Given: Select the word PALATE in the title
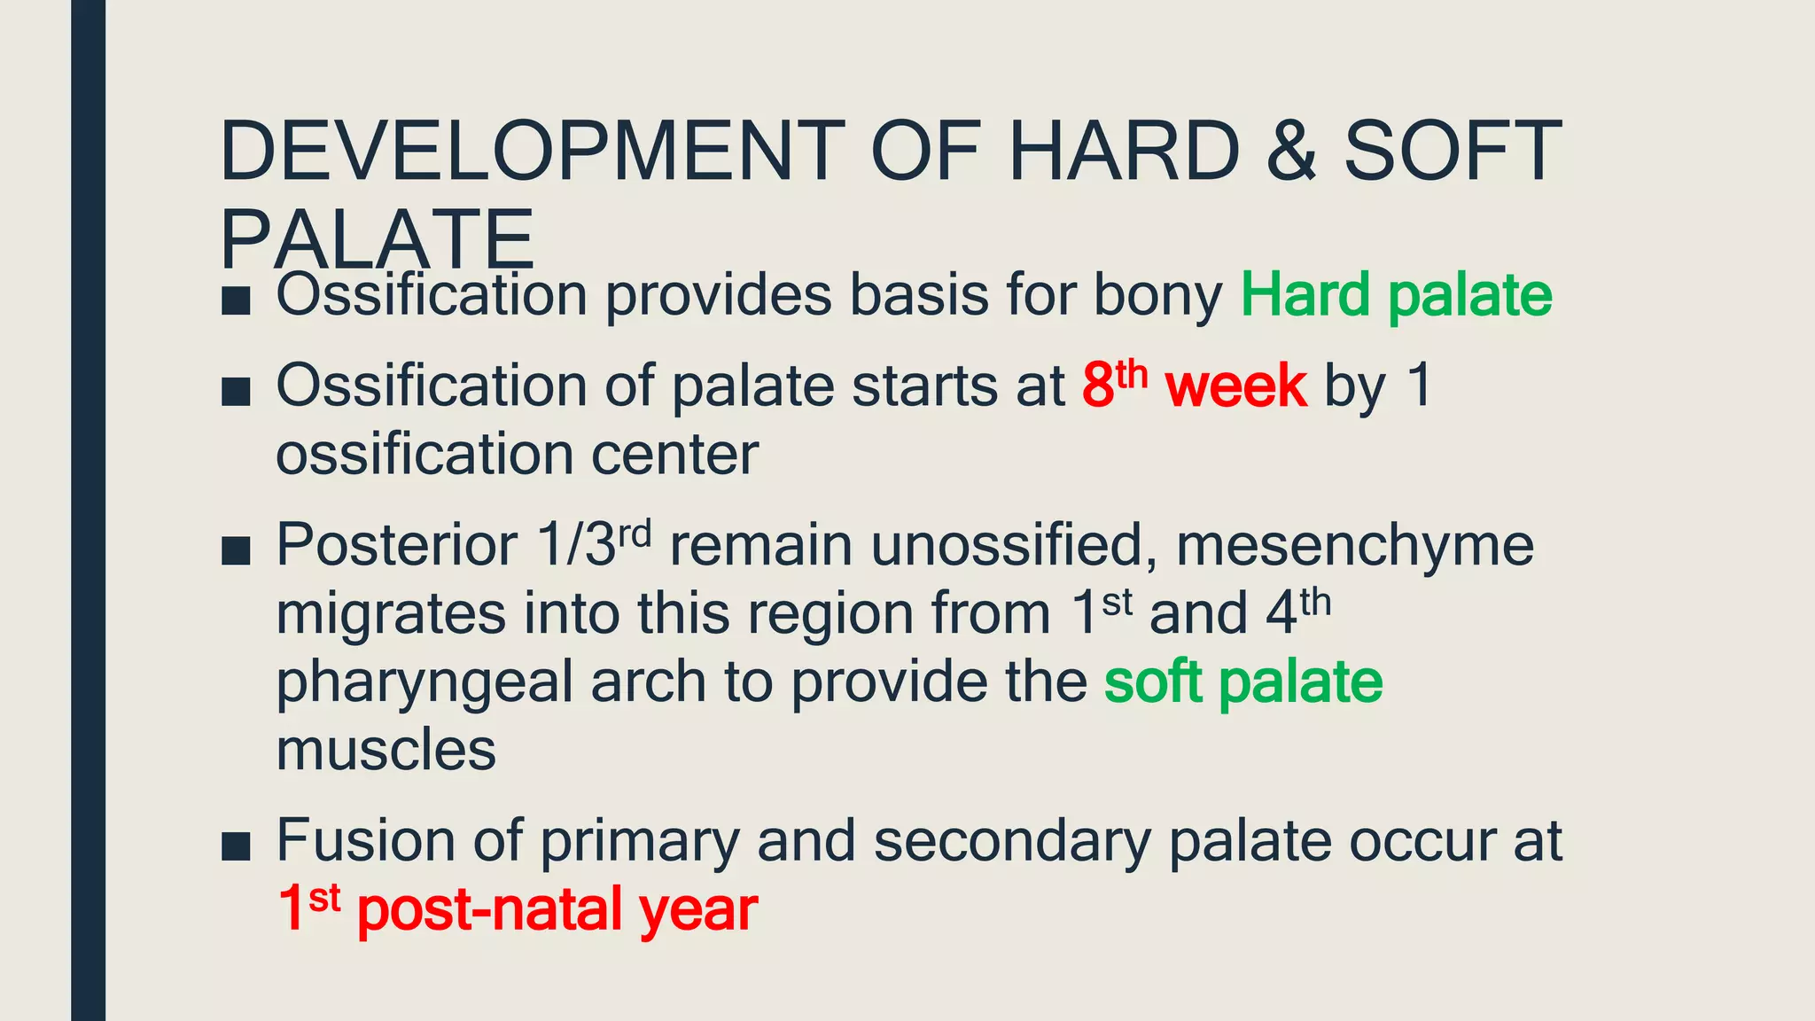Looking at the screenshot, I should point(378,239).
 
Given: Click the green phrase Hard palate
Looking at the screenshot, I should point(1396,295).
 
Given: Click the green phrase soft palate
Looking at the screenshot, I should point(1242,682).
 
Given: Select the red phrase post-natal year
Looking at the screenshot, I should point(557,909).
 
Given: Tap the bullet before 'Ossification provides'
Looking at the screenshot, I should point(236,301).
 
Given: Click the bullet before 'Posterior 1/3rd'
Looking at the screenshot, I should point(236,550).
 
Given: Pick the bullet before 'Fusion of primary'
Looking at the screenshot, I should point(236,846).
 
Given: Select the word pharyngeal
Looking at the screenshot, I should point(425,683).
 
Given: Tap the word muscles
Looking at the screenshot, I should point(386,751).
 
